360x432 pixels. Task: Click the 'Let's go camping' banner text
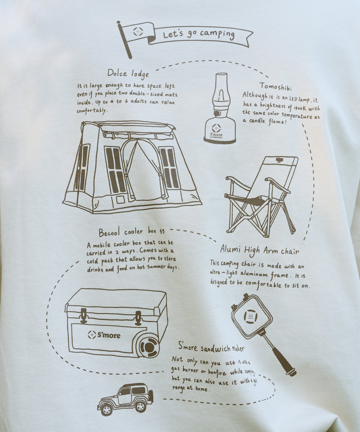(199, 34)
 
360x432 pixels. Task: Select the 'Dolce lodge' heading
(128, 73)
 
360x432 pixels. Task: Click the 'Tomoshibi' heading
(275, 86)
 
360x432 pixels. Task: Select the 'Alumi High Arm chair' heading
(260, 250)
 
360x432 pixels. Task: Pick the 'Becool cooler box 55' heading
(131, 232)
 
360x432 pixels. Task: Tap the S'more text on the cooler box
(109, 335)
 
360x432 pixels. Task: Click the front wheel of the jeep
(107, 409)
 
